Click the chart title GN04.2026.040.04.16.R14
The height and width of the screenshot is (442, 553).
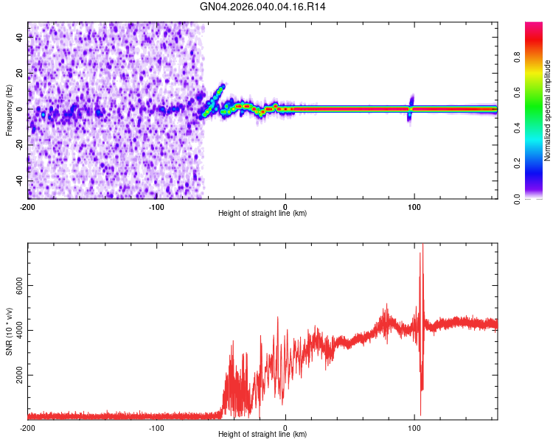(263, 7)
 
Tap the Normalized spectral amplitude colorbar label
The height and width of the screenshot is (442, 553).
(547, 110)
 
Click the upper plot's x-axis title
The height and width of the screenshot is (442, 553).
(262, 213)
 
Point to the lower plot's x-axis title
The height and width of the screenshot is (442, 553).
(262, 435)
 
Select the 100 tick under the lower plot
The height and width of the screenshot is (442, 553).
(414, 428)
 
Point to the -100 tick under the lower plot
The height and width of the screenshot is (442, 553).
(156, 428)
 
